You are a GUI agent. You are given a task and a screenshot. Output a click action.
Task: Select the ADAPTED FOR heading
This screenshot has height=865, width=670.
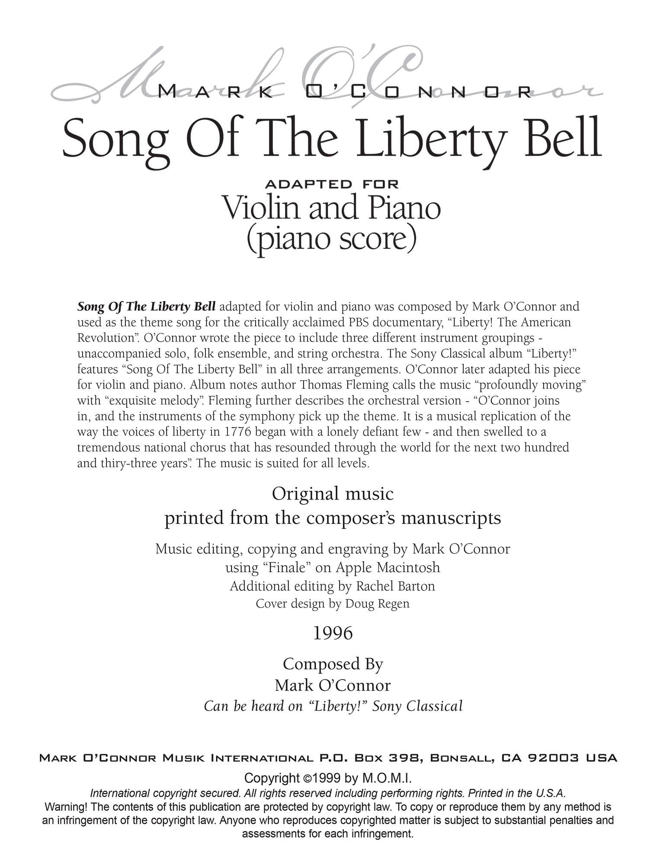[x=332, y=184]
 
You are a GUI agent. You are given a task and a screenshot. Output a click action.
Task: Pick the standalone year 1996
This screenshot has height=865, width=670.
[x=333, y=633]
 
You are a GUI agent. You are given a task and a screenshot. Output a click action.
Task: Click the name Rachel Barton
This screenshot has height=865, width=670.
[x=395, y=586]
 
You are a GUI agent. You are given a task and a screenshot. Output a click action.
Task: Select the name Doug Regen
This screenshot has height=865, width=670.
[x=377, y=603]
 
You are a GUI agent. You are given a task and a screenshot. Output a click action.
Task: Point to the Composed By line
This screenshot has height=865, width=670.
[x=333, y=664]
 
